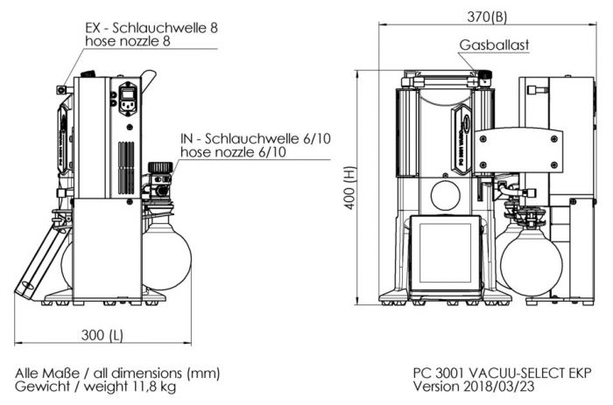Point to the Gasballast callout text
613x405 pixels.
(494, 45)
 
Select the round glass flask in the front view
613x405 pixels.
(531, 258)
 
